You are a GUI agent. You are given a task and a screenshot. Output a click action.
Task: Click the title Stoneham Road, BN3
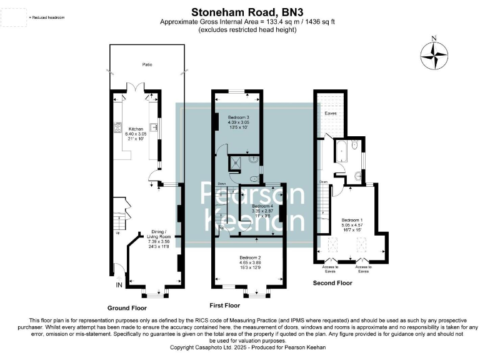[240, 11]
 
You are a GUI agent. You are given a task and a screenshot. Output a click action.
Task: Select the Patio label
[146, 64]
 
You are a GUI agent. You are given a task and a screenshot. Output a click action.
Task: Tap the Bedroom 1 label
[352, 225]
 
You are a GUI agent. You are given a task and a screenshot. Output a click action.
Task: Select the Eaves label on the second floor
[331, 114]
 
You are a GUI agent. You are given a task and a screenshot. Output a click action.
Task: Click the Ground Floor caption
[127, 308]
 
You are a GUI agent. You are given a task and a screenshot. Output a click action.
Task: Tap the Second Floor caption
[332, 283]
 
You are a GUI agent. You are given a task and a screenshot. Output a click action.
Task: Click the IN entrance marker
[119, 285]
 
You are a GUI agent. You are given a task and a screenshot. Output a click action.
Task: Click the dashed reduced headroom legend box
[13, 17]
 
